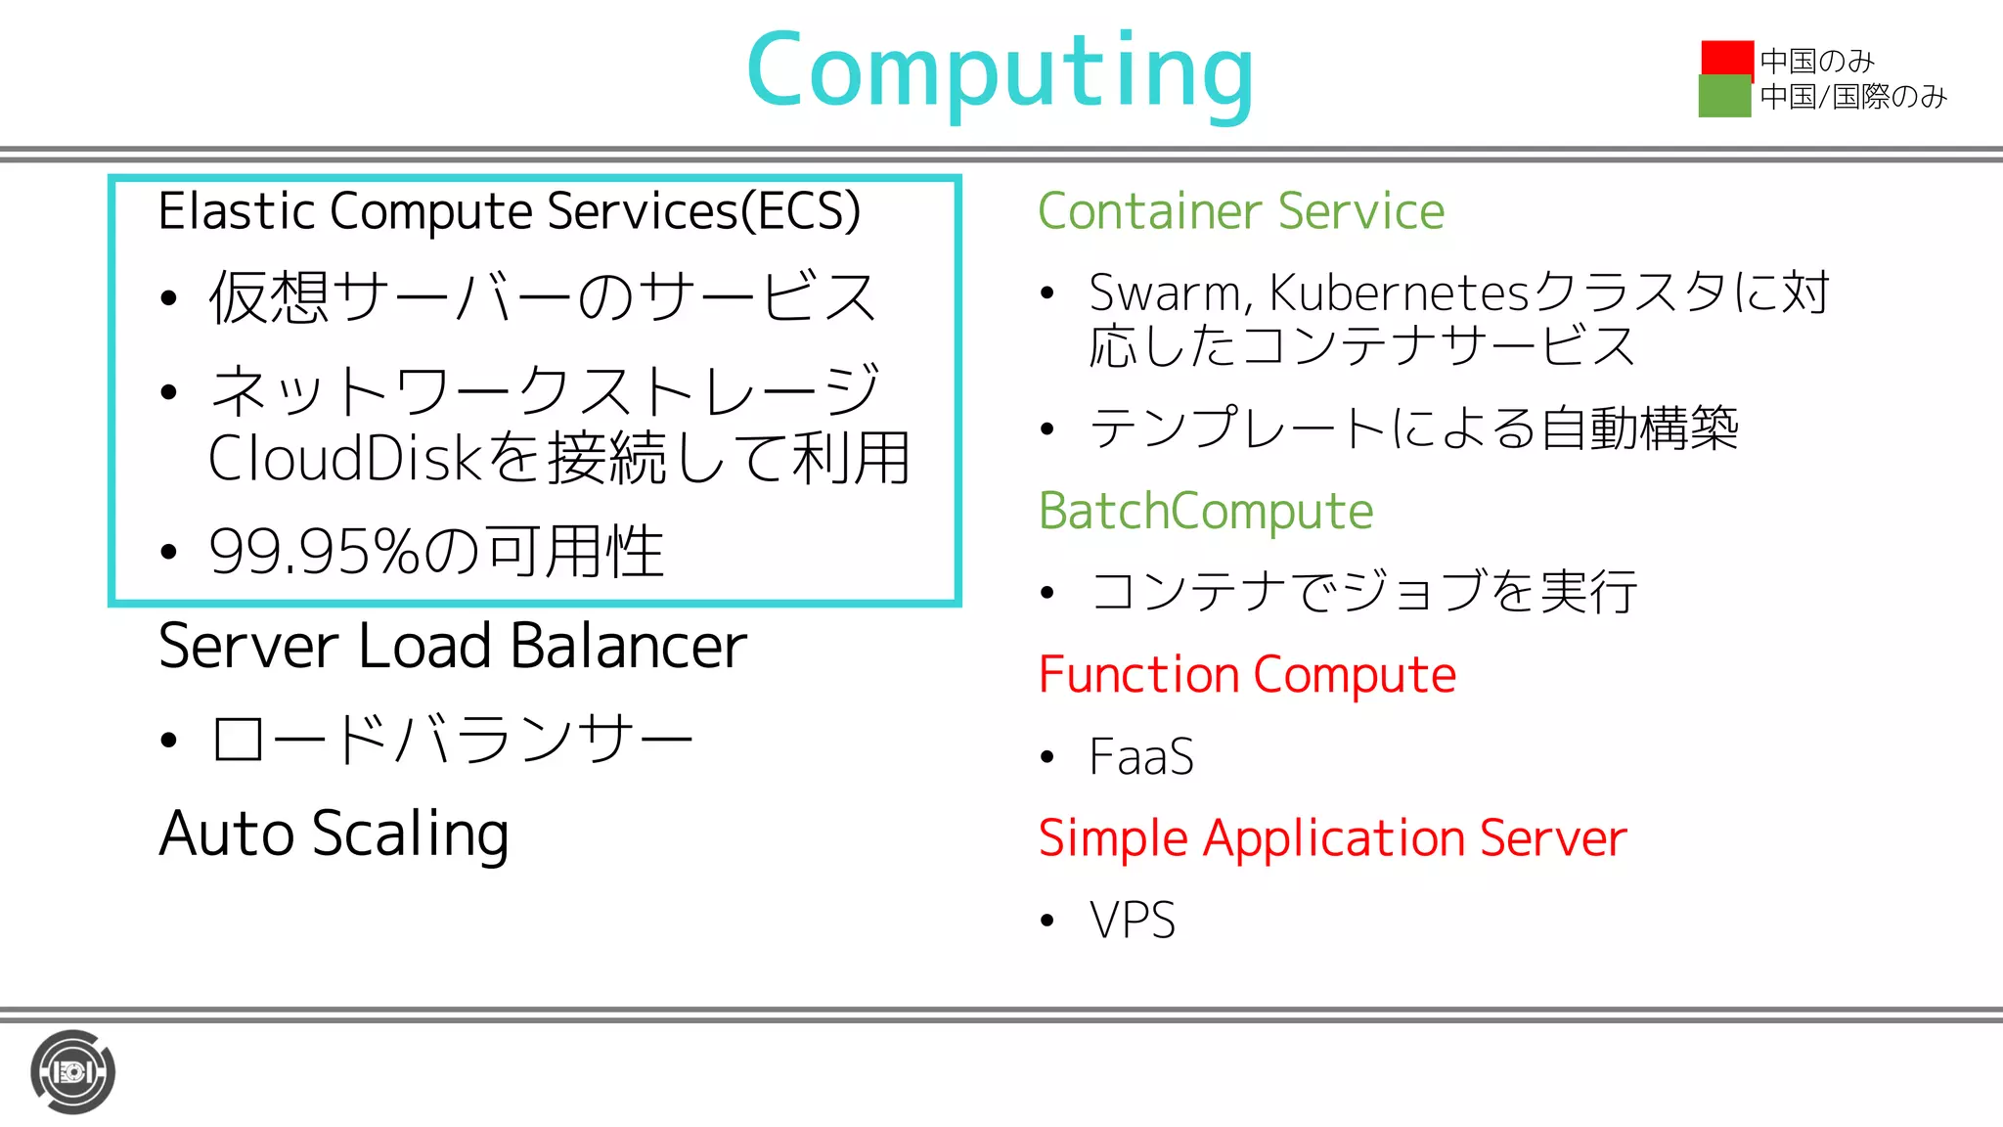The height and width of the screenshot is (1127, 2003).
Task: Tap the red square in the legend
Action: pos(1727,58)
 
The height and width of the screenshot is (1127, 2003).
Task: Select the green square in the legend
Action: pos(1724,97)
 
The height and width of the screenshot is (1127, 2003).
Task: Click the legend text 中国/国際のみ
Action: pos(1853,97)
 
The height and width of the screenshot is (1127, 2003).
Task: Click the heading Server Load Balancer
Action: pos(453,647)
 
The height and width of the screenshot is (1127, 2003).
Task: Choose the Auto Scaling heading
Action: pos(334,834)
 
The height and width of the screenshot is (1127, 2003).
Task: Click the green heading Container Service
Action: pos(1241,211)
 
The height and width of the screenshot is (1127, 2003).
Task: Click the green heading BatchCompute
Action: pos(1206,512)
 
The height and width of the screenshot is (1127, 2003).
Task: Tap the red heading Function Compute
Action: pos(1247,675)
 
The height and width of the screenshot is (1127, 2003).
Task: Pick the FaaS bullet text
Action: pos(1141,757)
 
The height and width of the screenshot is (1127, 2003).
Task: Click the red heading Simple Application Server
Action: pos(1332,838)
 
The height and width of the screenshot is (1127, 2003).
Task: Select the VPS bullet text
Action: pos(1133,921)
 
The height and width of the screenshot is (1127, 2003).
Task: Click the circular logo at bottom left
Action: pos(72,1071)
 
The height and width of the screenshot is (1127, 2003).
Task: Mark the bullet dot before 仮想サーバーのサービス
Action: pos(169,297)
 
